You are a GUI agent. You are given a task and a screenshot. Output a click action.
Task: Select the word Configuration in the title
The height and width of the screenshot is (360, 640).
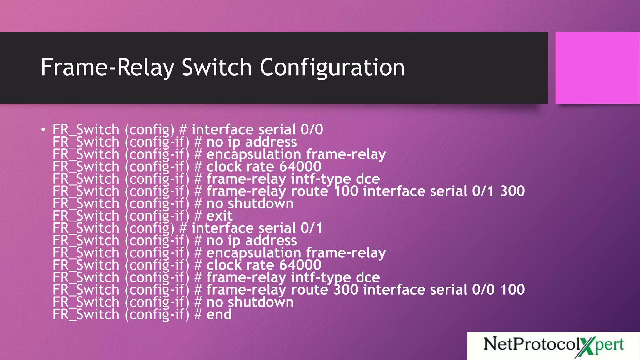[x=332, y=68]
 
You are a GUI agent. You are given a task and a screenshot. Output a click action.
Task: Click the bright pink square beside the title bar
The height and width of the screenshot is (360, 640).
[x=597, y=67]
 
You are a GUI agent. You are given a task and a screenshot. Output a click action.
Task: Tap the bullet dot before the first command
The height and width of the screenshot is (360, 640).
[x=43, y=129]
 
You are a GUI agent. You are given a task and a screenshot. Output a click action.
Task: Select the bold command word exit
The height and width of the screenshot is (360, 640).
[x=219, y=216]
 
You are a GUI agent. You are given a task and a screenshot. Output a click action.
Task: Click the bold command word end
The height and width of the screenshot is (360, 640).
[x=219, y=314]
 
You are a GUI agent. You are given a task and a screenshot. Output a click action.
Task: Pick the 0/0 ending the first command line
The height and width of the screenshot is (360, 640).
[x=312, y=130]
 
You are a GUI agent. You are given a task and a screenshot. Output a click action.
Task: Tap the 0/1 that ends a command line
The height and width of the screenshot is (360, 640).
[x=311, y=228]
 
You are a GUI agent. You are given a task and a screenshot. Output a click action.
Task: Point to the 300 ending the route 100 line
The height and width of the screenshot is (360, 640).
[x=512, y=191]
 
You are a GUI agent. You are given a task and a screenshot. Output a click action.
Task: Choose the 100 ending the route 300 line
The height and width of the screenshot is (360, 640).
[x=512, y=290]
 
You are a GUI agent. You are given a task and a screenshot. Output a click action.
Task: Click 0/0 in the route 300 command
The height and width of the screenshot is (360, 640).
[x=483, y=290]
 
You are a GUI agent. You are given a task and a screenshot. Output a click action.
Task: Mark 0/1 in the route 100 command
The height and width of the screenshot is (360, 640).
[x=483, y=191]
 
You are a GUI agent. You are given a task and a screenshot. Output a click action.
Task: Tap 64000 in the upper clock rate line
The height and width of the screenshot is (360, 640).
[x=300, y=167]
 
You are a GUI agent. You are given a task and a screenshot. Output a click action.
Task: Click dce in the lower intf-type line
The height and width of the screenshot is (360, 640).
[x=368, y=277]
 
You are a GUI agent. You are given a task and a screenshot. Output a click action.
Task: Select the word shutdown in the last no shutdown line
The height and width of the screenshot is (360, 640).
[x=261, y=302]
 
